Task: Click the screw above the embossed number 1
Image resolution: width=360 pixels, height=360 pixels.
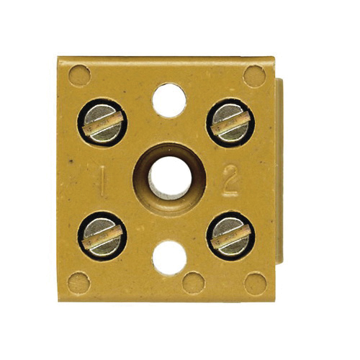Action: click(102, 122)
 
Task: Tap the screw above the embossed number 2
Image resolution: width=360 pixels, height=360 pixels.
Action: click(230, 122)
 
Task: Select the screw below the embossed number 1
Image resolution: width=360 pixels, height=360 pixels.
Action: click(102, 236)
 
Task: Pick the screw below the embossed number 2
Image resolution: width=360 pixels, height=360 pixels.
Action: click(231, 236)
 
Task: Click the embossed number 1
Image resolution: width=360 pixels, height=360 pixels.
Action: click(102, 181)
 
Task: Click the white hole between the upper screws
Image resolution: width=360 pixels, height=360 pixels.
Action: click(169, 100)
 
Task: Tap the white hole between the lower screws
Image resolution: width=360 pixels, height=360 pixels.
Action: click(169, 258)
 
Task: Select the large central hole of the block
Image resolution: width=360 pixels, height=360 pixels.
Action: click(171, 178)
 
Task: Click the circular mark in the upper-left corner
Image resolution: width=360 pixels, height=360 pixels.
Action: click(80, 76)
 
